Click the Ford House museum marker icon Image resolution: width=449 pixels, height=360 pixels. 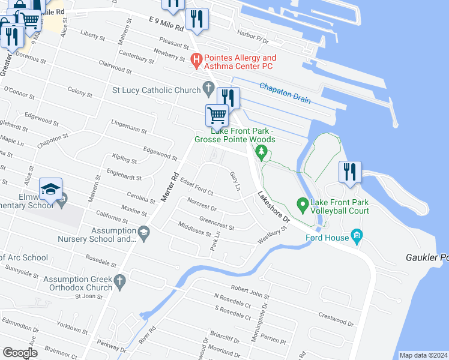(358, 235)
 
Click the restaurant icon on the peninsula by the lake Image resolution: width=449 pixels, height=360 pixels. (349, 171)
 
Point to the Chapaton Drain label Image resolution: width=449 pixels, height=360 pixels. (285, 92)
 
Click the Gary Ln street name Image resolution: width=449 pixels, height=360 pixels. (235, 182)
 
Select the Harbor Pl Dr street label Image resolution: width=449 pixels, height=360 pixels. (253, 38)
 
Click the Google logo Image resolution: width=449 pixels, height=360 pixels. (20, 353)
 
